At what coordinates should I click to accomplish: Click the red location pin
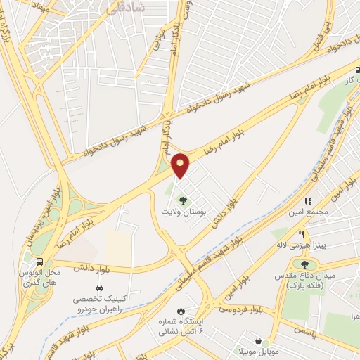[x=181, y=165]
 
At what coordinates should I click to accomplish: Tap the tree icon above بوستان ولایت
[x=184, y=200]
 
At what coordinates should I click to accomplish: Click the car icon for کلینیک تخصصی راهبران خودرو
[x=99, y=288]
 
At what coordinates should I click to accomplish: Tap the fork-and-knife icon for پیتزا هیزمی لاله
[x=302, y=234]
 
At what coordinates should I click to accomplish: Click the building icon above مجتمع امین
[x=307, y=202]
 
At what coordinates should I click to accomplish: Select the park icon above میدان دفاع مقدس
[x=304, y=264]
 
